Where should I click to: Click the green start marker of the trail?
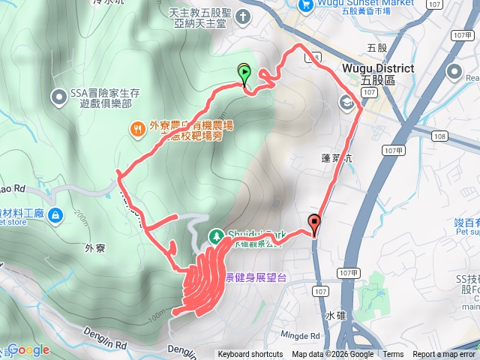point(244,73)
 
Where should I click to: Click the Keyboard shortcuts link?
point(250,355)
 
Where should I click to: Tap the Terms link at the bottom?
point(393,355)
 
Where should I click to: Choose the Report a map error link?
point(445,355)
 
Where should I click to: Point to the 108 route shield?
point(440,136)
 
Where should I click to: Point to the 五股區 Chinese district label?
point(398,78)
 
